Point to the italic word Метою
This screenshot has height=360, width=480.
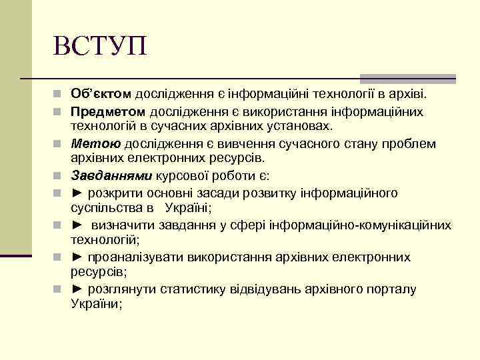(96, 143)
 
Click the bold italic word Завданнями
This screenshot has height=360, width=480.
(112, 176)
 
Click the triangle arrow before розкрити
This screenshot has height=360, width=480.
(77, 193)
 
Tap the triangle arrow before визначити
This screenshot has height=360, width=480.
(77, 225)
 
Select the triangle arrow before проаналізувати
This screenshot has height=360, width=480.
(77, 257)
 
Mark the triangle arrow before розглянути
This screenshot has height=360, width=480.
(77, 289)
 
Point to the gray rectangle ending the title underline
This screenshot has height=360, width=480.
(407, 78)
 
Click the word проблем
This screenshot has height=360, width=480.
(410, 143)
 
